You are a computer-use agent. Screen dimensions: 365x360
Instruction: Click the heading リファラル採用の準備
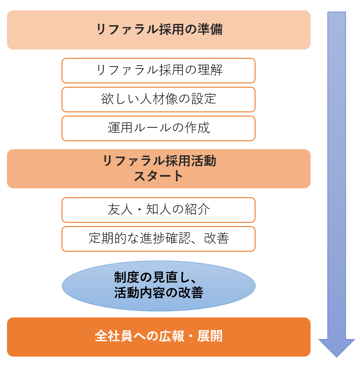pos(159,30)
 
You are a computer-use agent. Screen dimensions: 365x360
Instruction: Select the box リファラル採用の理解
pos(159,70)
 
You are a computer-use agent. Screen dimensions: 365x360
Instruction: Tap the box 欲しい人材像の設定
pos(159,99)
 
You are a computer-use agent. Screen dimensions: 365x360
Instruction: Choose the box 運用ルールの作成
pos(159,128)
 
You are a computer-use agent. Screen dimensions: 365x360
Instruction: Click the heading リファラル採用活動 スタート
pos(159,168)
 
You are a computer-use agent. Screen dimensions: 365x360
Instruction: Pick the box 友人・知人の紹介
pos(159,210)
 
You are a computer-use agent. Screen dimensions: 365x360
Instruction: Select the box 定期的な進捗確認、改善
pos(159,239)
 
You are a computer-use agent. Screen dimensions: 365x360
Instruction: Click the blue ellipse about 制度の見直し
pos(159,285)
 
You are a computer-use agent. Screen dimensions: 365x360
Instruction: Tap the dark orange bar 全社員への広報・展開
pos(159,337)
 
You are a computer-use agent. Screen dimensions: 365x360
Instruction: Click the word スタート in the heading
pos(159,176)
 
